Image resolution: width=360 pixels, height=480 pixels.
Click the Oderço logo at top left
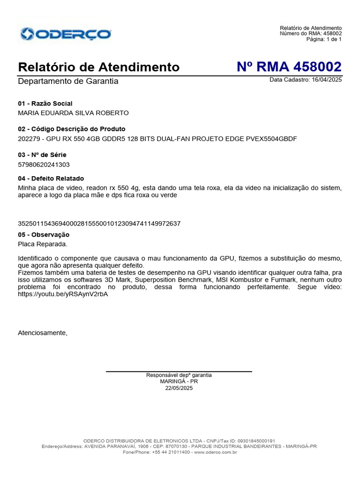[x=66, y=34]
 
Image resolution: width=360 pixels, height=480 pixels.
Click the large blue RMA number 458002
[x=289, y=67]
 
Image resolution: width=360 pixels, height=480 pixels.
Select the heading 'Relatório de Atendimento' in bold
[x=98, y=67]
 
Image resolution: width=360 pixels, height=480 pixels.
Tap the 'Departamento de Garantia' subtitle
[x=68, y=82]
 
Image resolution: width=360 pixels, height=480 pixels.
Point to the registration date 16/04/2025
[x=326, y=80]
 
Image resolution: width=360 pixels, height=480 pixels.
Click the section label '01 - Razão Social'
[x=45, y=104]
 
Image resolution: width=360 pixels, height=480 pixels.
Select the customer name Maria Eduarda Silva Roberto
[x=73, y=113]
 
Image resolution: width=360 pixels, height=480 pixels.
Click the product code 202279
[x=29, y=139]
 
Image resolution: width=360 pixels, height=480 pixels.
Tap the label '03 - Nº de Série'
[x=42, y=155]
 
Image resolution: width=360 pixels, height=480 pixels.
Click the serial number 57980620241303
[x=44, y=165]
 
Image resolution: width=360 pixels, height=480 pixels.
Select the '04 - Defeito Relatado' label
[x=51, y=179]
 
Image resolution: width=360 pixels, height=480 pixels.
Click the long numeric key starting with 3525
[x=99, y=224]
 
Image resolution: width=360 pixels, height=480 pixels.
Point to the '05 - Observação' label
[x=44, y=234]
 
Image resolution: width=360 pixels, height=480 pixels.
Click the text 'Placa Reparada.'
[x=43, y=244]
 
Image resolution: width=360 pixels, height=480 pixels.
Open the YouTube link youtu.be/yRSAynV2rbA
[x=60, y=295]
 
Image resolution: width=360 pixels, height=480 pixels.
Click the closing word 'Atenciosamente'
[x=43, y=333]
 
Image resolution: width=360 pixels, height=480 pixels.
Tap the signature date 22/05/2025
[x=179, y=388]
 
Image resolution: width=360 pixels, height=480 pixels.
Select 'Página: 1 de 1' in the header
[x=324, y=39]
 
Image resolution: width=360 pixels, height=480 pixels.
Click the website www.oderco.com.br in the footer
[x=215, y=452]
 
